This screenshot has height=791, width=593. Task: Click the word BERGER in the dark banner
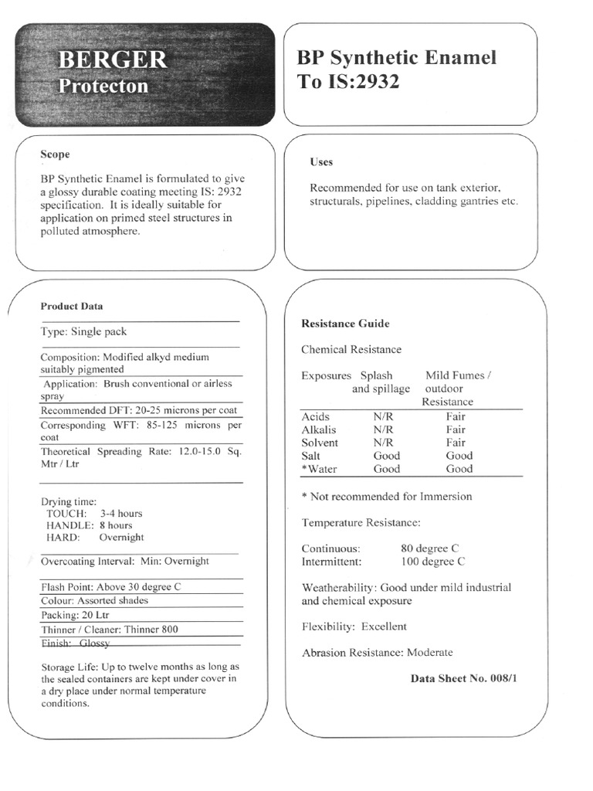(x=113, y=60)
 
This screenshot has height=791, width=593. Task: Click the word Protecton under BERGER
(x=103, y=86)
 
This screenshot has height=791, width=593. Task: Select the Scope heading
(x=55, y=154)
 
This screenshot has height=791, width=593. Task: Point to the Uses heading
(x=321, y=162)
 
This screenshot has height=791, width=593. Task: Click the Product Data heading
(x=71, y=306)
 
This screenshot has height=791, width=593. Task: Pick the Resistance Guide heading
(x=345, y=324)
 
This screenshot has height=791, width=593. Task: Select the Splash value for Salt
(x=386, y=456)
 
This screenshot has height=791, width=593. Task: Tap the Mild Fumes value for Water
(x=459, y=469)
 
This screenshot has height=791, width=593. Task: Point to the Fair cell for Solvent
(x=456, y=443)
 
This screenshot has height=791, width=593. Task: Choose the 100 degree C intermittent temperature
(x=432, y=562)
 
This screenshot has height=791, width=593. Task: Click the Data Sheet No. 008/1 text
(x=469, y=678)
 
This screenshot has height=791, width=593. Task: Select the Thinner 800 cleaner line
(x=109, y=629)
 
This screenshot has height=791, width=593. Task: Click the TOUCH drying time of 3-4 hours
(x=93, y=513)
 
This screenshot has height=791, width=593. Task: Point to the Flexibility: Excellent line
(x=354, y=626)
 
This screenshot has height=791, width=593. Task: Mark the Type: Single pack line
(x=83, y=331)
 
